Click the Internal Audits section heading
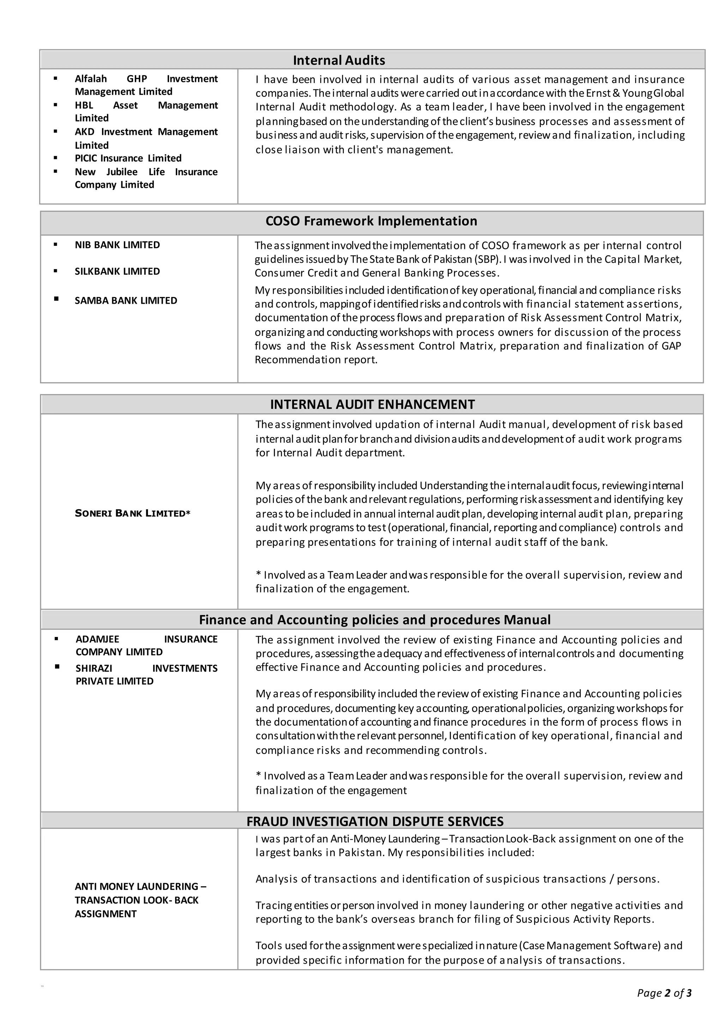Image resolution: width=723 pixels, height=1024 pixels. pyautogui.click(x=339, y=60)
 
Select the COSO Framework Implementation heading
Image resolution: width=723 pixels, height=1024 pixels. pyautogui.click(x=371, y=221)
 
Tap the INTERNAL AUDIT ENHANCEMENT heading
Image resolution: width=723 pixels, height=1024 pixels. pyautogui.click(x=372, y=405)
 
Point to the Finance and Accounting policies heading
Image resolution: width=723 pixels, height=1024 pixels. pyautogui.click(x=374, y=620)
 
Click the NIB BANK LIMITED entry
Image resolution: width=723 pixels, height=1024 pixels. pyautogui.click(x=117, y=245)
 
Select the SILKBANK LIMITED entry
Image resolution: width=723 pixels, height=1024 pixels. pyautogui.click(x=117, y=271)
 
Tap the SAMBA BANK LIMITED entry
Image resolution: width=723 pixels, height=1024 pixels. pyautogui.click(x=126, y=300)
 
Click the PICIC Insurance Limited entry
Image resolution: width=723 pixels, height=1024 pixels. pyautogui.click(x=128, y=158)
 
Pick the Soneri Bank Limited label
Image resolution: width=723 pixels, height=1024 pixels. pyautogui.click(x=132, y=513)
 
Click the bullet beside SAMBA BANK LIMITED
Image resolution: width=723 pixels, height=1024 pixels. pyautogui.click(x=56, y=299)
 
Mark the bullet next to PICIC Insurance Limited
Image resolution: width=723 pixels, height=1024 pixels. pyautogui.click(x=55, y=158)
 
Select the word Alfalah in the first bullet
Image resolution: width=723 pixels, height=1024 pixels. pyautogui.click(x=90, y=79)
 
